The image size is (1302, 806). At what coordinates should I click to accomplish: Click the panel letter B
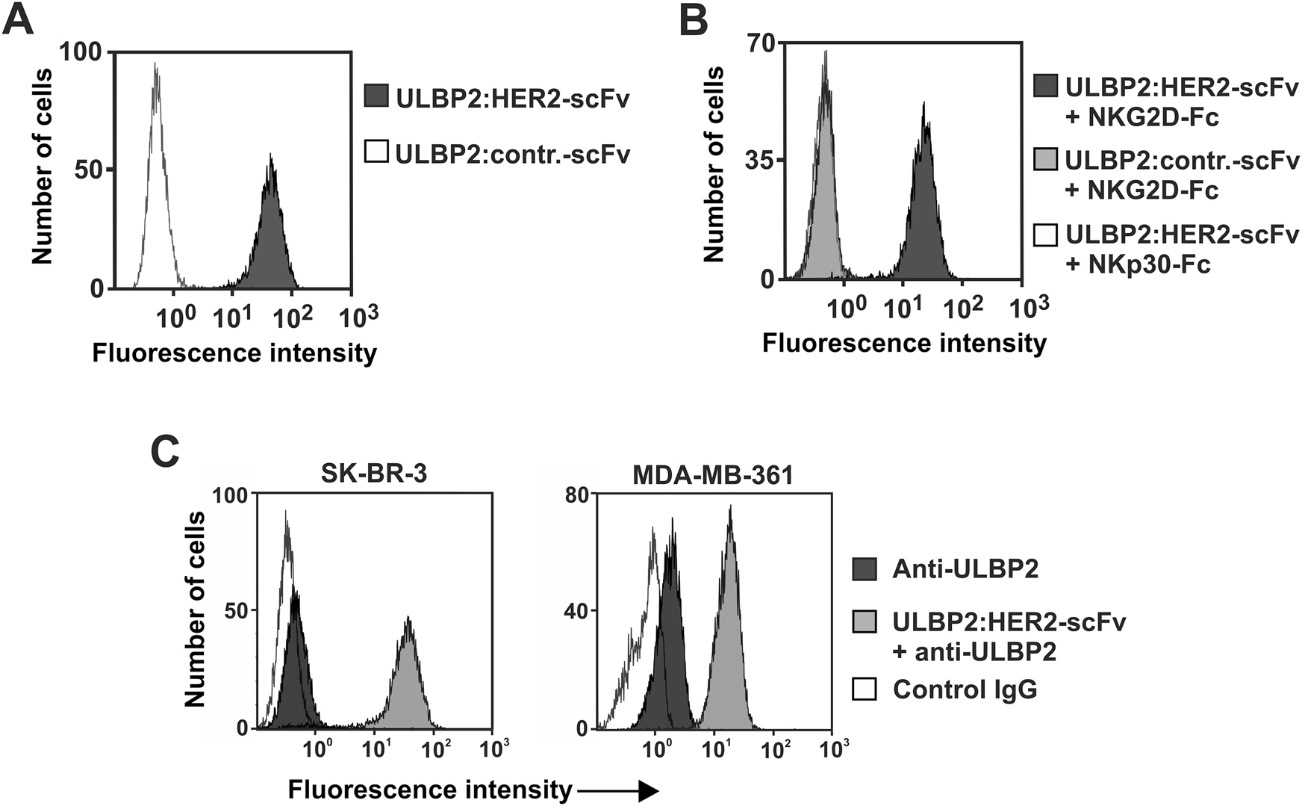pyautogui.click(x=694, y=20)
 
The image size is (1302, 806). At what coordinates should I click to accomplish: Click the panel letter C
pyautogui.click(x=165, y=451)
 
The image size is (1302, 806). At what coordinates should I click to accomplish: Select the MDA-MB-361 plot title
pyautogui.click(x=712, y=474)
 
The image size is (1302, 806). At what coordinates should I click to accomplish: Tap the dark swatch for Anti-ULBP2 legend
pyautogui.click(x=865, y=569)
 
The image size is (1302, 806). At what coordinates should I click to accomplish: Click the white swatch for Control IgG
pyautogui.click(x=865, y=688)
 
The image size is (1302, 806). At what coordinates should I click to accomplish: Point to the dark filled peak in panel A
pyautogui.click(x=270, y=239)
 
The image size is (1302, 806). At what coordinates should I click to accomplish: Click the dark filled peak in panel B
pyautogui.click(x=924, y=217)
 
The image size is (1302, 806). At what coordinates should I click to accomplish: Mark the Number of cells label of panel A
pyautogui.click(x=42, y=166)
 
